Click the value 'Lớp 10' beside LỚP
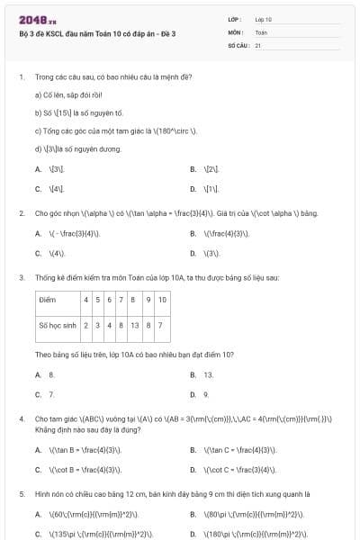264,19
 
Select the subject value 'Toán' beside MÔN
262,31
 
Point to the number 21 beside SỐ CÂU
258,44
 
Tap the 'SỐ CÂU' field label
238,44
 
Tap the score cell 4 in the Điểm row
85,299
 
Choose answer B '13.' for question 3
208,374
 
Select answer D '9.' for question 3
206,394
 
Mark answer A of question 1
57,169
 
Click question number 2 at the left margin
21,213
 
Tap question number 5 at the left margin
21,494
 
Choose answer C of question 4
77,469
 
